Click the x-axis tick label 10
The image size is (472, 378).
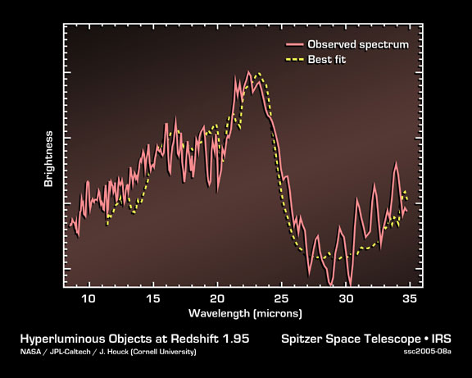point(88,298)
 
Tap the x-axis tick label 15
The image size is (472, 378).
point(153,298)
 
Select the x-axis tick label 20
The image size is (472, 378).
point(217,298)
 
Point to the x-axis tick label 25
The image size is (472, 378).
point(281,298)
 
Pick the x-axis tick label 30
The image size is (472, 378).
point(346,298)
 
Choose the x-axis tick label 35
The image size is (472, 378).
point(410,298)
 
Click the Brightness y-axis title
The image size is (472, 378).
point(48,159)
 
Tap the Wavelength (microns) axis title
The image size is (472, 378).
point(245,313)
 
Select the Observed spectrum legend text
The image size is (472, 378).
point(358,44)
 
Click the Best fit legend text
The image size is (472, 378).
point(327,60)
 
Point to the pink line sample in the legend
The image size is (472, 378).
point(294,45)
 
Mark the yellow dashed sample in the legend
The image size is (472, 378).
point(294,60)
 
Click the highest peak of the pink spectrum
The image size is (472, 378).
point(248,71)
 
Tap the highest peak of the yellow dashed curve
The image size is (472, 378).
point(259,74)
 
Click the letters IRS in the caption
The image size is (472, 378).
point(442,339)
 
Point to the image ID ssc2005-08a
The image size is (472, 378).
point(428,352)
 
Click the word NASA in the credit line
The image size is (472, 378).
point(30,352)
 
